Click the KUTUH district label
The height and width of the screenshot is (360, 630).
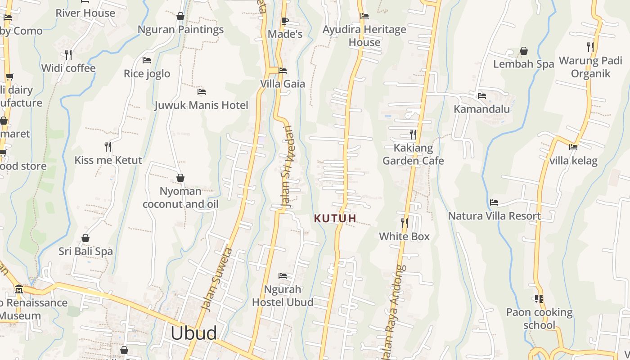tap(335, 219)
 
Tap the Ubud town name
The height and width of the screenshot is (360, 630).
tap(194, 333)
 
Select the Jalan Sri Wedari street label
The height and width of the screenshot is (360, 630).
tap(288, 166)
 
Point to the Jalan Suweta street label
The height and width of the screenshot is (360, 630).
tap(216, 279)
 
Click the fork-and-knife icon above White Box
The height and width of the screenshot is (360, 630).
tap(405, 223)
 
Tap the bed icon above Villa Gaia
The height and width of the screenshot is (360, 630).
tap(283, 71)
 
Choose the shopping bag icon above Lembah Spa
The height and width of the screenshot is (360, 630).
tap(523, 51)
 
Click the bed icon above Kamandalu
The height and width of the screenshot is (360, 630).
tap(481, 95)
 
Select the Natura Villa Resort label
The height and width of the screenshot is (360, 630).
tap(494, 216)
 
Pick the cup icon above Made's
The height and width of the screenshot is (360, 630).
tap(284, 21)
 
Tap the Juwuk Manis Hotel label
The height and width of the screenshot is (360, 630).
tap(201, 105)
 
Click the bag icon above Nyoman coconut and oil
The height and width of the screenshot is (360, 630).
tap(180, 178)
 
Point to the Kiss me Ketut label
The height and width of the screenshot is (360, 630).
tap(108, 160)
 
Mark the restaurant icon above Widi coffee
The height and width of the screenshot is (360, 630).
tap(68, 54)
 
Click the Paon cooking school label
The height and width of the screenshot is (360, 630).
tap(539, 319)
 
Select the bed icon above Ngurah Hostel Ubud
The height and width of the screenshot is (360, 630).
tap(283, 275)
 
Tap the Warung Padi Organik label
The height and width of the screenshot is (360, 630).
tap(590, 67)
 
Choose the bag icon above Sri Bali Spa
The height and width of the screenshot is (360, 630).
tap(85, 238)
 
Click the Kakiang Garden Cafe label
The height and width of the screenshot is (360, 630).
tap(413, 154)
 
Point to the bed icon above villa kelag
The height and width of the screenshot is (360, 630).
tap(573, 147)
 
